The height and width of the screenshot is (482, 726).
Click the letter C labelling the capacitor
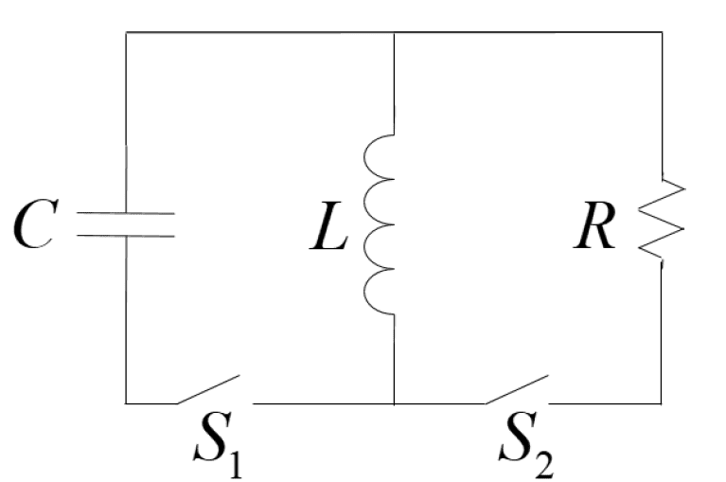click(36, 224)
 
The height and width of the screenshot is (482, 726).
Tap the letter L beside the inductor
click(328, 227)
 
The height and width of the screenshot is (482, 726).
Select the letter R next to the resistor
click(595, 226)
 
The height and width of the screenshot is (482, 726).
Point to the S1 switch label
click(218, 444)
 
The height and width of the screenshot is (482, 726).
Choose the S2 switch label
click(526, 444)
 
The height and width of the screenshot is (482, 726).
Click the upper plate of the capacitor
click(126, 213)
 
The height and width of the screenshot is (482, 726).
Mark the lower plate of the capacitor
click(126, 236)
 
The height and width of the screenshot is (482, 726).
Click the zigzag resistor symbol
click(662, 221)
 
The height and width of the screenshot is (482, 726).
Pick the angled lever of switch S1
click(208, 389)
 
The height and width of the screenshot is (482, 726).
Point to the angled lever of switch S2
click(517, 389)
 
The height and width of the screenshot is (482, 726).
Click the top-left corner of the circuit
click(126, 32)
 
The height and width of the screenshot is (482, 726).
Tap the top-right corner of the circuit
click(662, 32)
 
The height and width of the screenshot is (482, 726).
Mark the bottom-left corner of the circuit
click(126, 403)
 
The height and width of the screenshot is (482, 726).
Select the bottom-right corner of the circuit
click(661, 403)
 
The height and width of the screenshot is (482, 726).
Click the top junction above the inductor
click(394, 32)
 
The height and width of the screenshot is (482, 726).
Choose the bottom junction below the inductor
click(394, 403)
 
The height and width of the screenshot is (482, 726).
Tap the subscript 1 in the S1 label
click(235, 463)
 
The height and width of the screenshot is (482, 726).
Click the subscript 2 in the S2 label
click(543, 463)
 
